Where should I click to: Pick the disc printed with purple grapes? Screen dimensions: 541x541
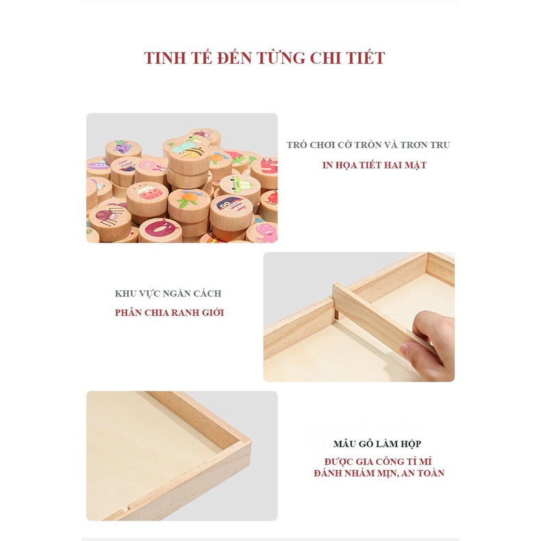click(x=123, y=147)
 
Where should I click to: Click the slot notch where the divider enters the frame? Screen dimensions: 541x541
click(x=336, y=314)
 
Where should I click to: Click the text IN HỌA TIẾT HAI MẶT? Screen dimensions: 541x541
click(x=374, y=165)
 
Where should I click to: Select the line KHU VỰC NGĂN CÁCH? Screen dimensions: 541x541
click(x=168, y=293)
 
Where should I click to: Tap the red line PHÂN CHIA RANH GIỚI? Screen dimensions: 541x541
click(x=168, y=313)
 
